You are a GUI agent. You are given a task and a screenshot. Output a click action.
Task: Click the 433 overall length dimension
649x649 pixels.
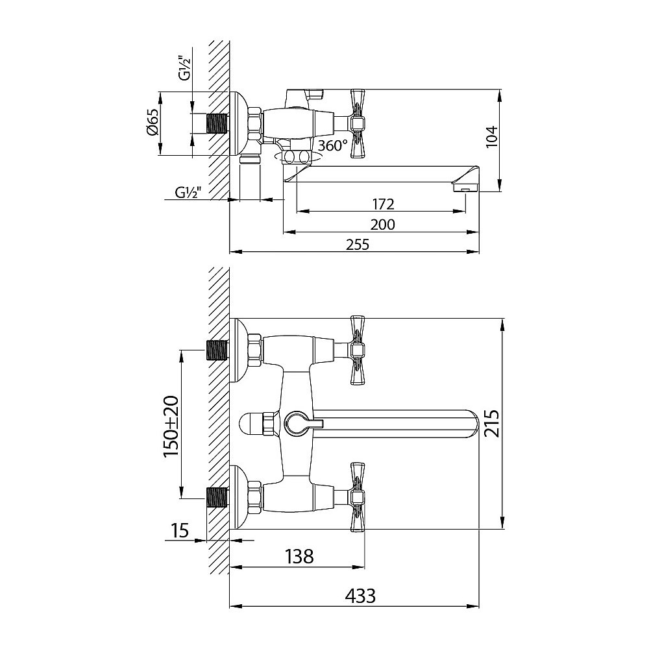(x=360, y=596)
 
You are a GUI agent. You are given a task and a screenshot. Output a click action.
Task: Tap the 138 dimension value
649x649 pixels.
(x=299, y=557)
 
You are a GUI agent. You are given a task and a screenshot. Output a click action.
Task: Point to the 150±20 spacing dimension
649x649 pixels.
(x=171, y=426)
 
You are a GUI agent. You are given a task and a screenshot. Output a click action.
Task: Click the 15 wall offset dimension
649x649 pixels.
(x=179, y=530)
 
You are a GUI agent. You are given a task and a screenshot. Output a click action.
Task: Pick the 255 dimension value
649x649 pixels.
(x=358, y=244)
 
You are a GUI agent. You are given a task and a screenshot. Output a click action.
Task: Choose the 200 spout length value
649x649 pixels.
(x=382, y=225)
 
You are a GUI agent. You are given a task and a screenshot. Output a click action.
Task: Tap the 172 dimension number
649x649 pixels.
(x=383, y=204)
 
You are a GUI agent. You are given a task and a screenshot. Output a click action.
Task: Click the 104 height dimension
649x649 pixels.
(x=491, y=136)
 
